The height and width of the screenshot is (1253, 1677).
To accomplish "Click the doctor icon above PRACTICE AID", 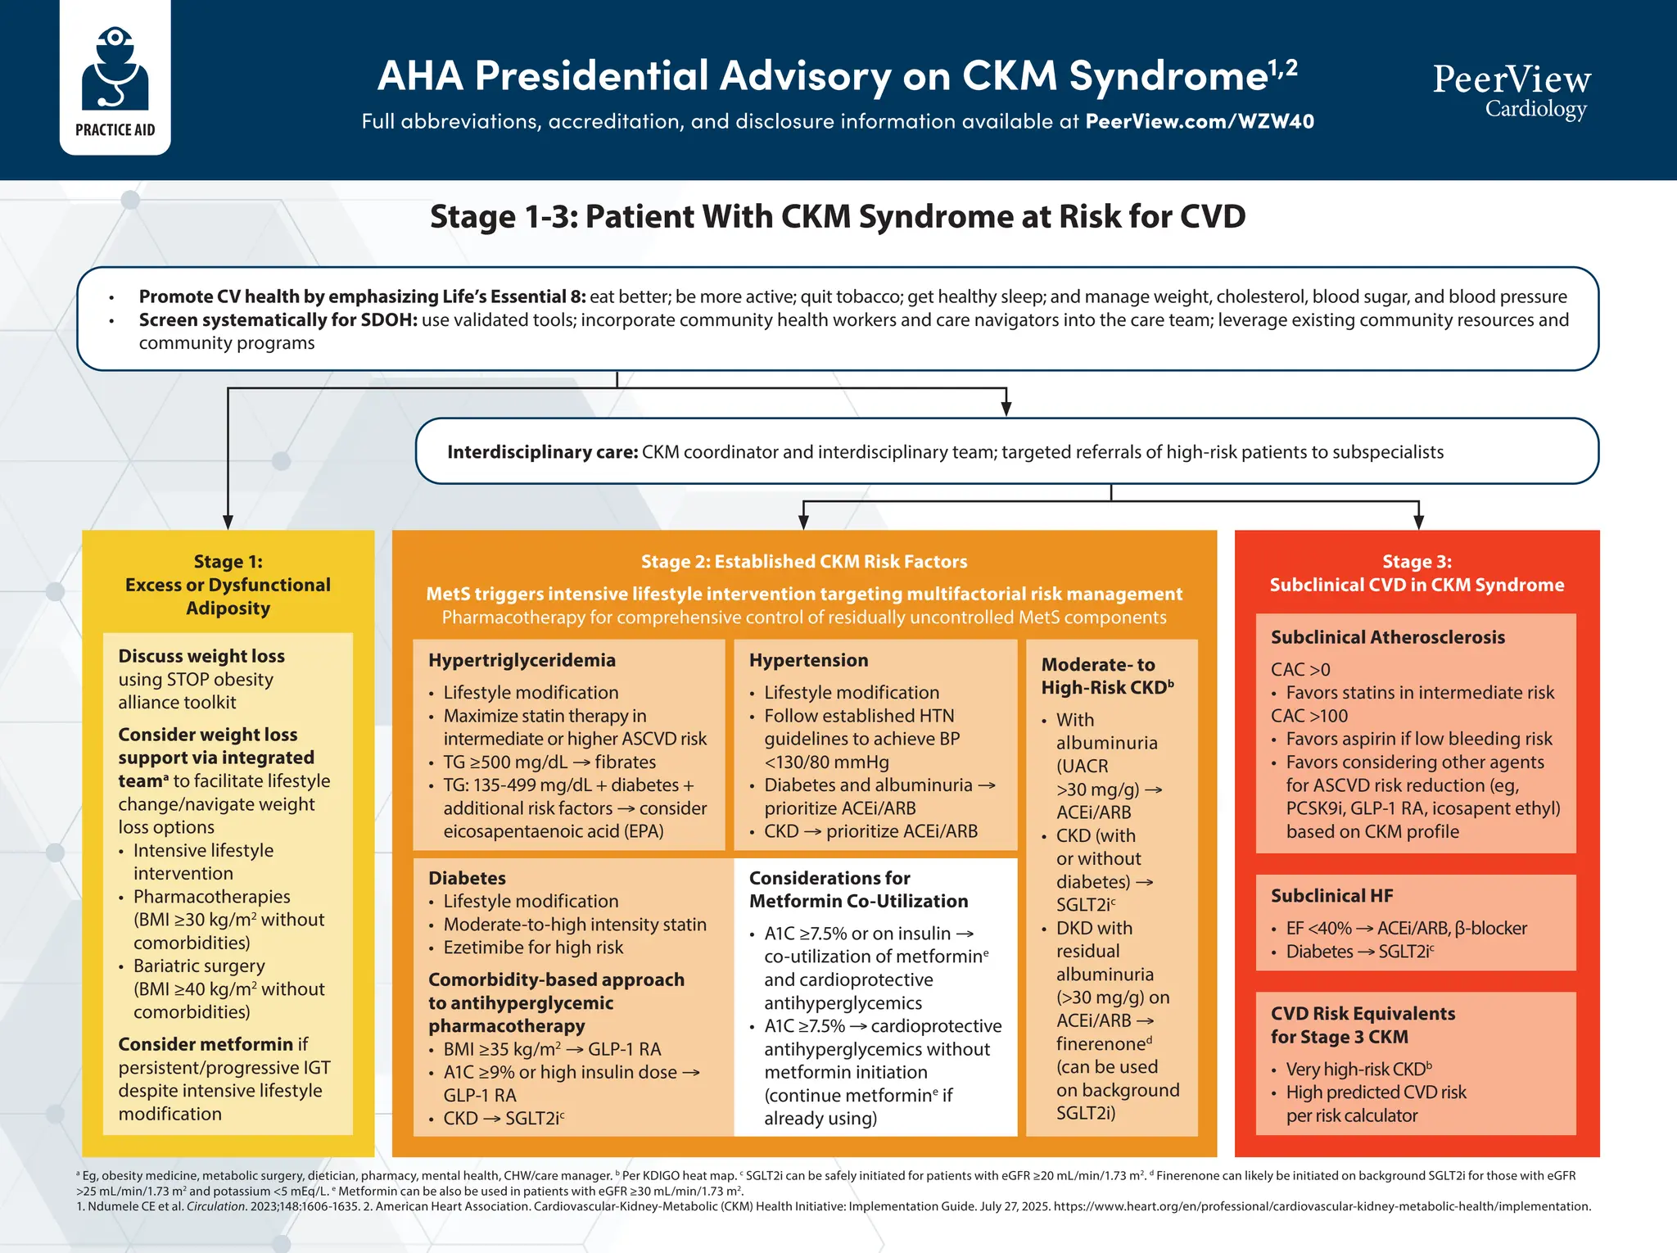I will [115, 70].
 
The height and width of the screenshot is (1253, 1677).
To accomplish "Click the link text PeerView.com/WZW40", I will [1199, 122].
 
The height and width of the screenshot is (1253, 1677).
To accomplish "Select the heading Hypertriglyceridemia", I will [522, 660].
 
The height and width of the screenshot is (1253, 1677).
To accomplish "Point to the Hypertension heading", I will [808, 660].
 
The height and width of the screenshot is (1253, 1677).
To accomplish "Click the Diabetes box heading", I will [467, 878].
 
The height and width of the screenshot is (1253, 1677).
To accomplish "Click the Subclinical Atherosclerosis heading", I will [1387, 637].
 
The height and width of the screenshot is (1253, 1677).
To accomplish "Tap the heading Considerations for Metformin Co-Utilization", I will [857, 889].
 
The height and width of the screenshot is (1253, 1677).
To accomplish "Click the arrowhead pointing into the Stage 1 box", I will [228, 522].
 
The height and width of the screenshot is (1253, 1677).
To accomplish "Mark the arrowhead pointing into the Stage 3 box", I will [1418, 522].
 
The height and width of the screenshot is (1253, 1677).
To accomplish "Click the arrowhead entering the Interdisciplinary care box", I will [1006, 409].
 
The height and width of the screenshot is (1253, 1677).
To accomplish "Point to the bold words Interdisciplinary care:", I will [542, 452].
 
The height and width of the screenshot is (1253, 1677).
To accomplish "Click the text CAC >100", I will [1309, 716].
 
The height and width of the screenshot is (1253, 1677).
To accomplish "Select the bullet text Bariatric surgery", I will [199, 966].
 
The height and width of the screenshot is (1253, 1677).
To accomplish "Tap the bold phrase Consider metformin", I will [206, 1044].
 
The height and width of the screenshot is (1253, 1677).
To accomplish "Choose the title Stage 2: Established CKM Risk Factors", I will [803, 562].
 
